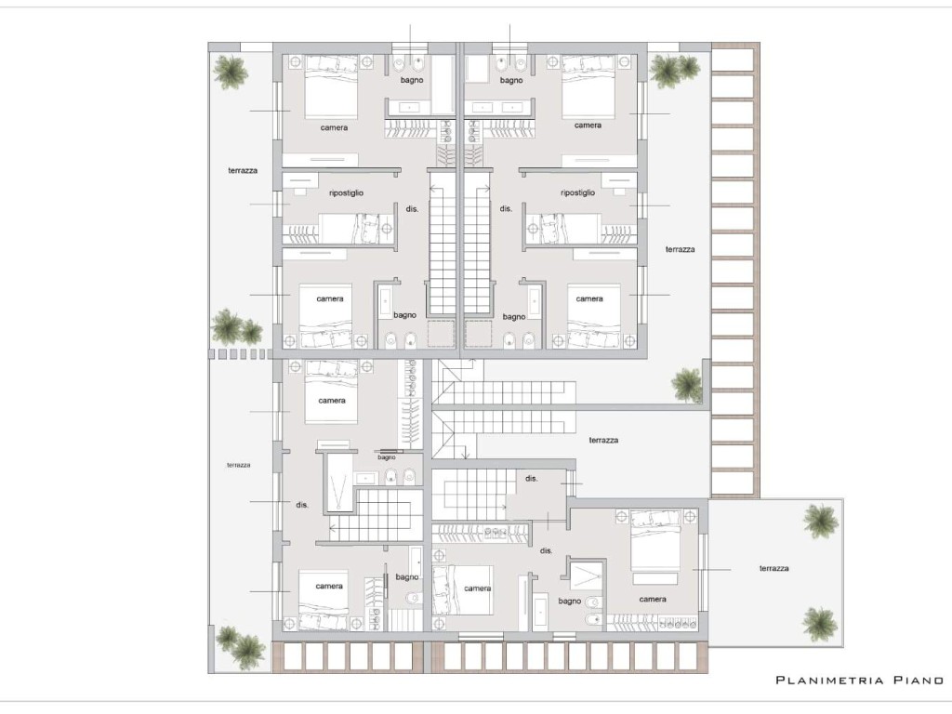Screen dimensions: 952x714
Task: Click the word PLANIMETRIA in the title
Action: [x=829, y=680]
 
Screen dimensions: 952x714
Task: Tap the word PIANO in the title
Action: [x=919, y=680]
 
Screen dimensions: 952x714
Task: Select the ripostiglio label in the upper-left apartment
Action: [x=346, y=193]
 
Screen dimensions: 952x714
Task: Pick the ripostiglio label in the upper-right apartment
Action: [x=578, y=192]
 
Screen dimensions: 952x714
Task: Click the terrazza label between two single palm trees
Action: [x=774, y=568]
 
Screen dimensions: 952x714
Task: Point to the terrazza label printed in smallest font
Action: [x=239, y=465]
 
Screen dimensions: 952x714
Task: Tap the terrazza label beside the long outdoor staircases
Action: [x=603, y=440]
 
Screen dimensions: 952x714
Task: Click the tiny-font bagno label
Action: [x=387, y=457]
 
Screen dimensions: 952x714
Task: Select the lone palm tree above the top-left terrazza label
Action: [x=231, y=72]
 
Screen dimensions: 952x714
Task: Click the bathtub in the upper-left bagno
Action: [x=443, y=85]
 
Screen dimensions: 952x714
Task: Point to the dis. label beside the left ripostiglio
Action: [x=412, y=209]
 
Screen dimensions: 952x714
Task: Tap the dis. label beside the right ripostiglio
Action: [x=506, y=208]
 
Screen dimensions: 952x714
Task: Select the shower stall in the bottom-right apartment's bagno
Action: [x=587, y=574]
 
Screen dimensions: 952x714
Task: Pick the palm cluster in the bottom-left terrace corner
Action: [x=241, y=648]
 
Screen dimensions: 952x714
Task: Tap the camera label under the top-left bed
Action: [x=334, y=127]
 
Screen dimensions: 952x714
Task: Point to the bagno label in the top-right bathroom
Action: [x=511, y=80]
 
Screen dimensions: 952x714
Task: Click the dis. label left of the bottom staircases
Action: [x=302, y=505]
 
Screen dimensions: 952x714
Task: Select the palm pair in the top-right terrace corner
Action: [x=675, y=71]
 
